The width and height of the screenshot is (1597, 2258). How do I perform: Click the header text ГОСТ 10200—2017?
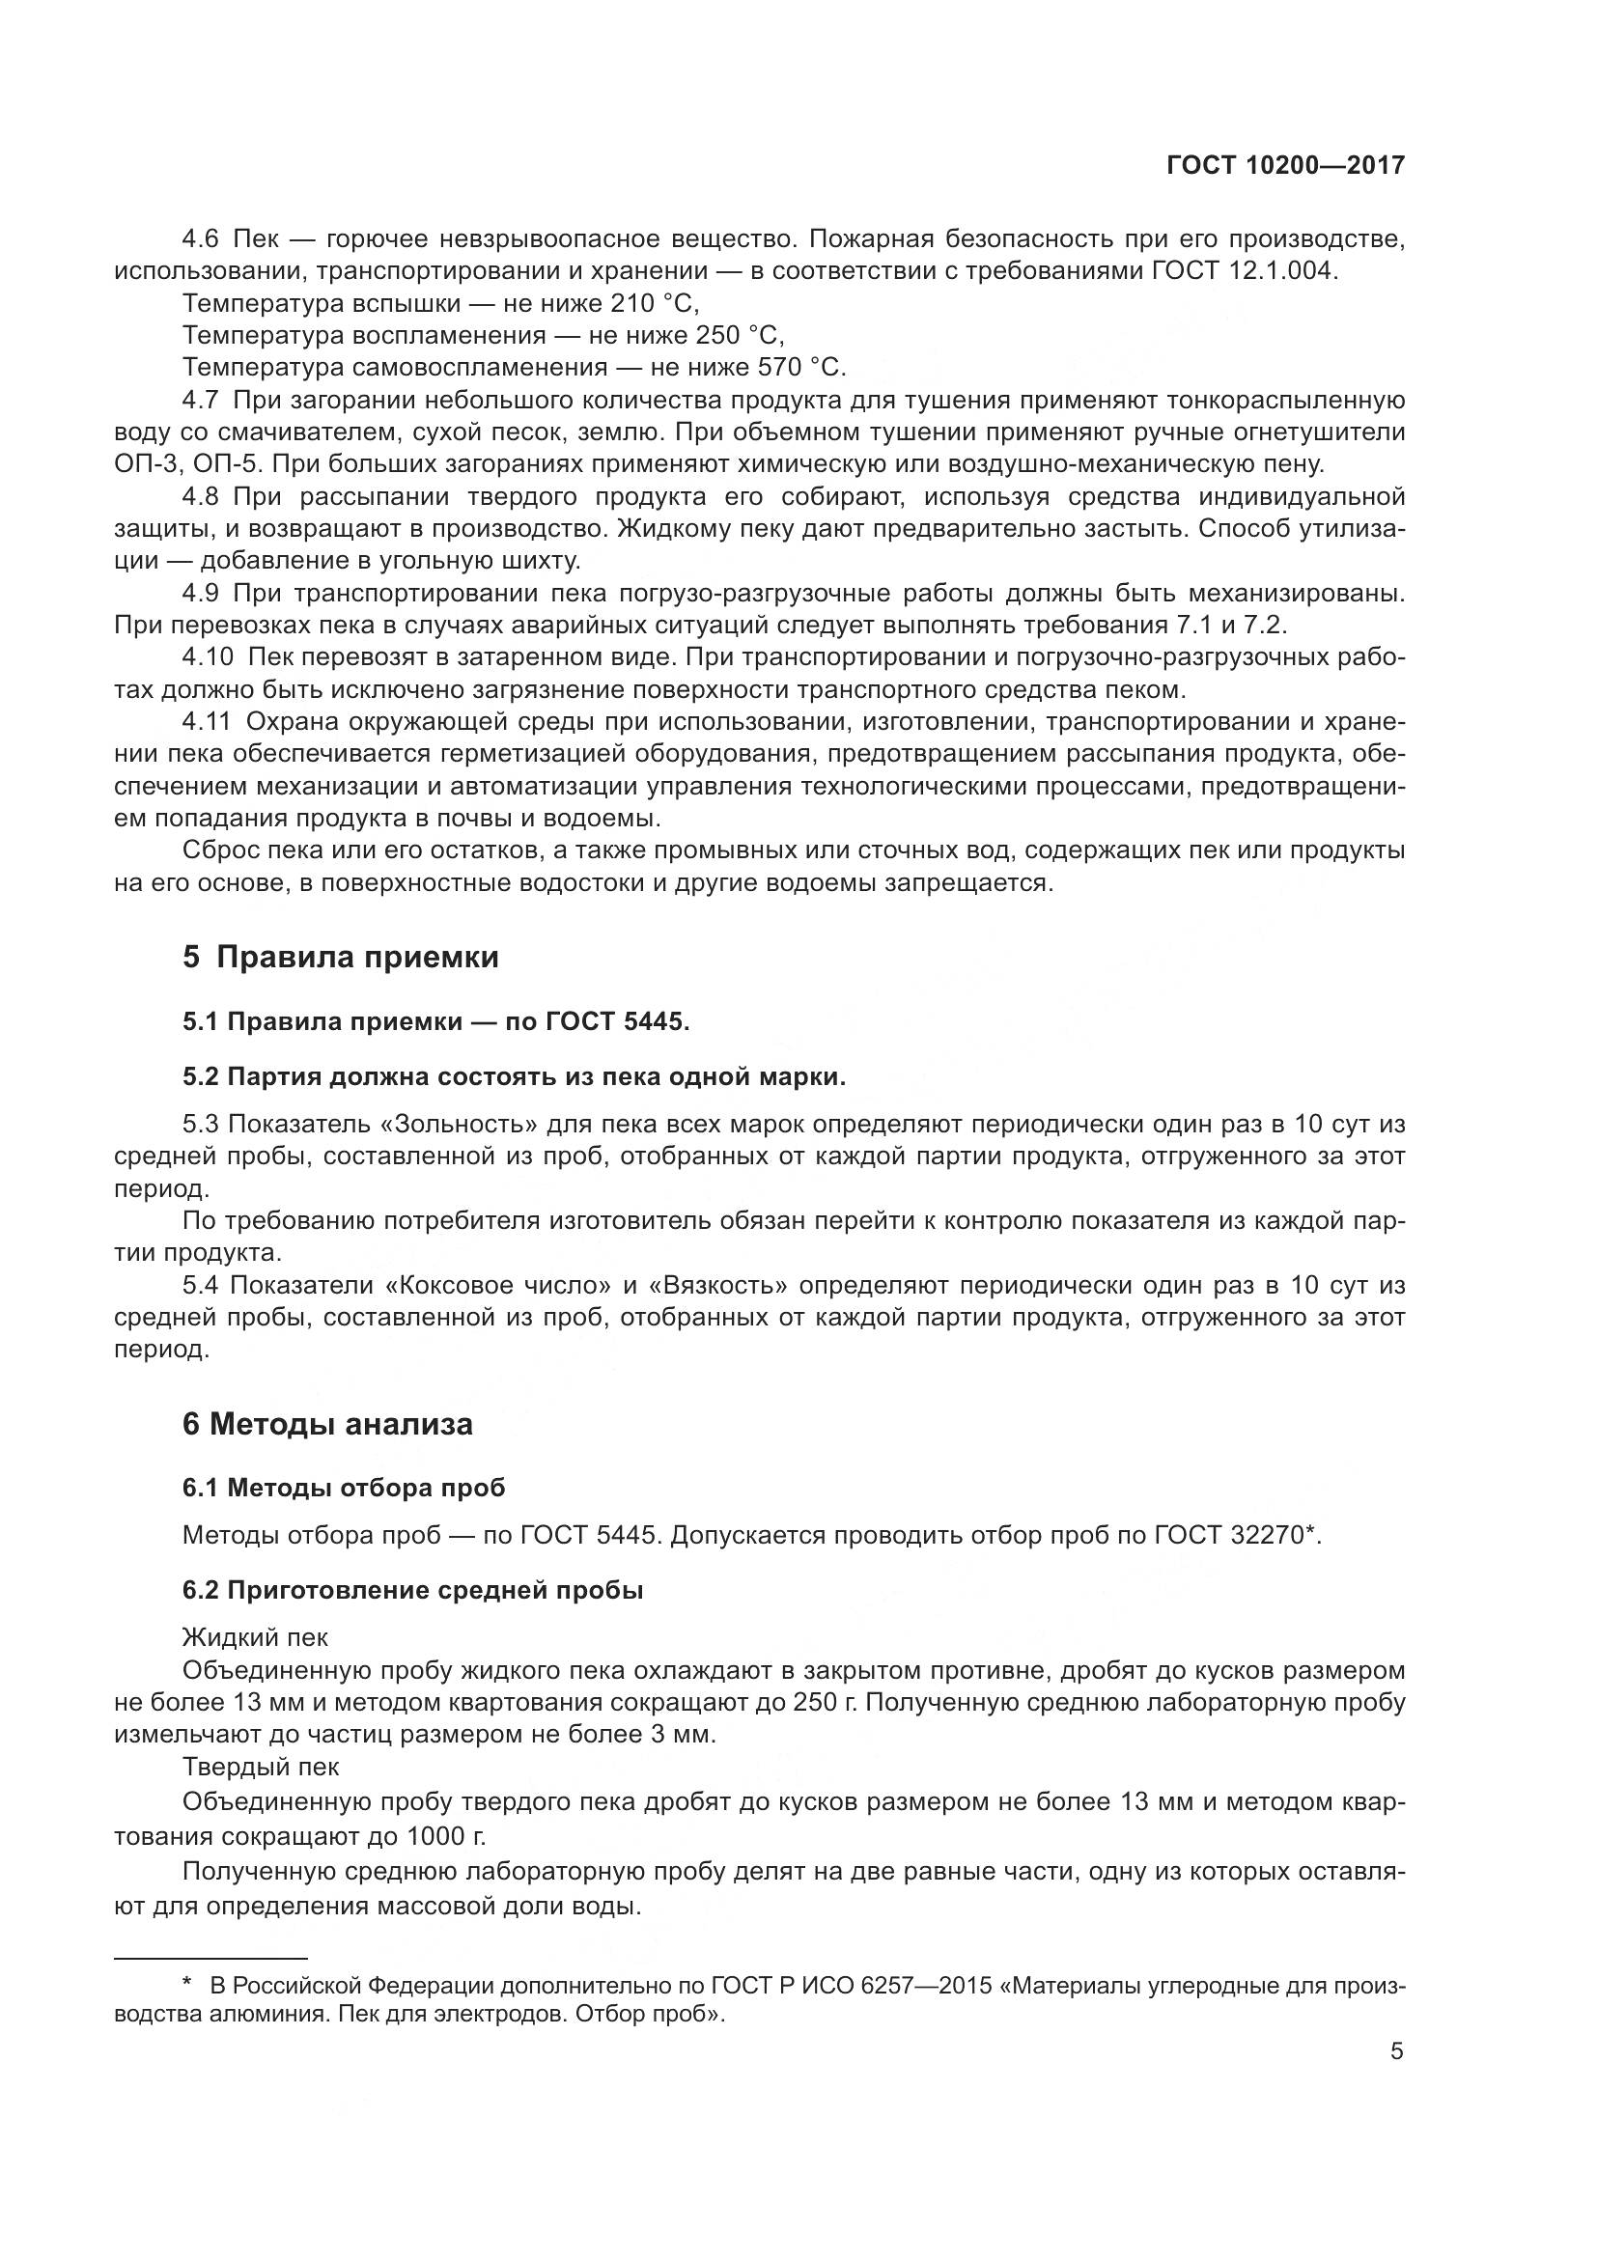pos(1285,165)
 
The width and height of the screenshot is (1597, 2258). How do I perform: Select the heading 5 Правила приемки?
pos(340,957)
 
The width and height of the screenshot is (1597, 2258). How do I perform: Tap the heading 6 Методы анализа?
pos(327,1424)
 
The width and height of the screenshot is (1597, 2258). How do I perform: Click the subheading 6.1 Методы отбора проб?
pos(343,1487)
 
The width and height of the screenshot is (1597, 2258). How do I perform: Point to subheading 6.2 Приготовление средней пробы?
pos(412,1590)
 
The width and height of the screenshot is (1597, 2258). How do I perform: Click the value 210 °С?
pos(654,303)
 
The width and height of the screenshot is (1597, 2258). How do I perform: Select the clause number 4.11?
pos(206,722)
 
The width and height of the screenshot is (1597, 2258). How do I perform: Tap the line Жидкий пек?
pos(255,1637)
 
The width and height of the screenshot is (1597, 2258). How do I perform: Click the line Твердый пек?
pos(261,1767)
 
